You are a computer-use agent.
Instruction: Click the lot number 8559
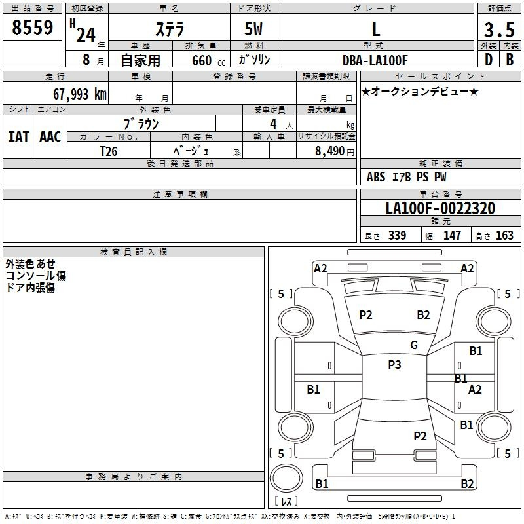(x=32, y=27)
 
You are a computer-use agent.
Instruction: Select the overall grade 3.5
(x=499, y=29)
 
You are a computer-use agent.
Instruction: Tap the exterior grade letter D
(x=489, y=60)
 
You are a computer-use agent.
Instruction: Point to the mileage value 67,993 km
(x=80, y=94)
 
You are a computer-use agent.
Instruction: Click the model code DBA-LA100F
(x=375, y=60)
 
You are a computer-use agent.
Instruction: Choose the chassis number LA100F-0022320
(x=440, y=208)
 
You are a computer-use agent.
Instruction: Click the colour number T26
(x=109, y=151)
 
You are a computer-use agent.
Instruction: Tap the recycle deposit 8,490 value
(x=330, y=151)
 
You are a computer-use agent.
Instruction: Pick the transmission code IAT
(x=19, y=137)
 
